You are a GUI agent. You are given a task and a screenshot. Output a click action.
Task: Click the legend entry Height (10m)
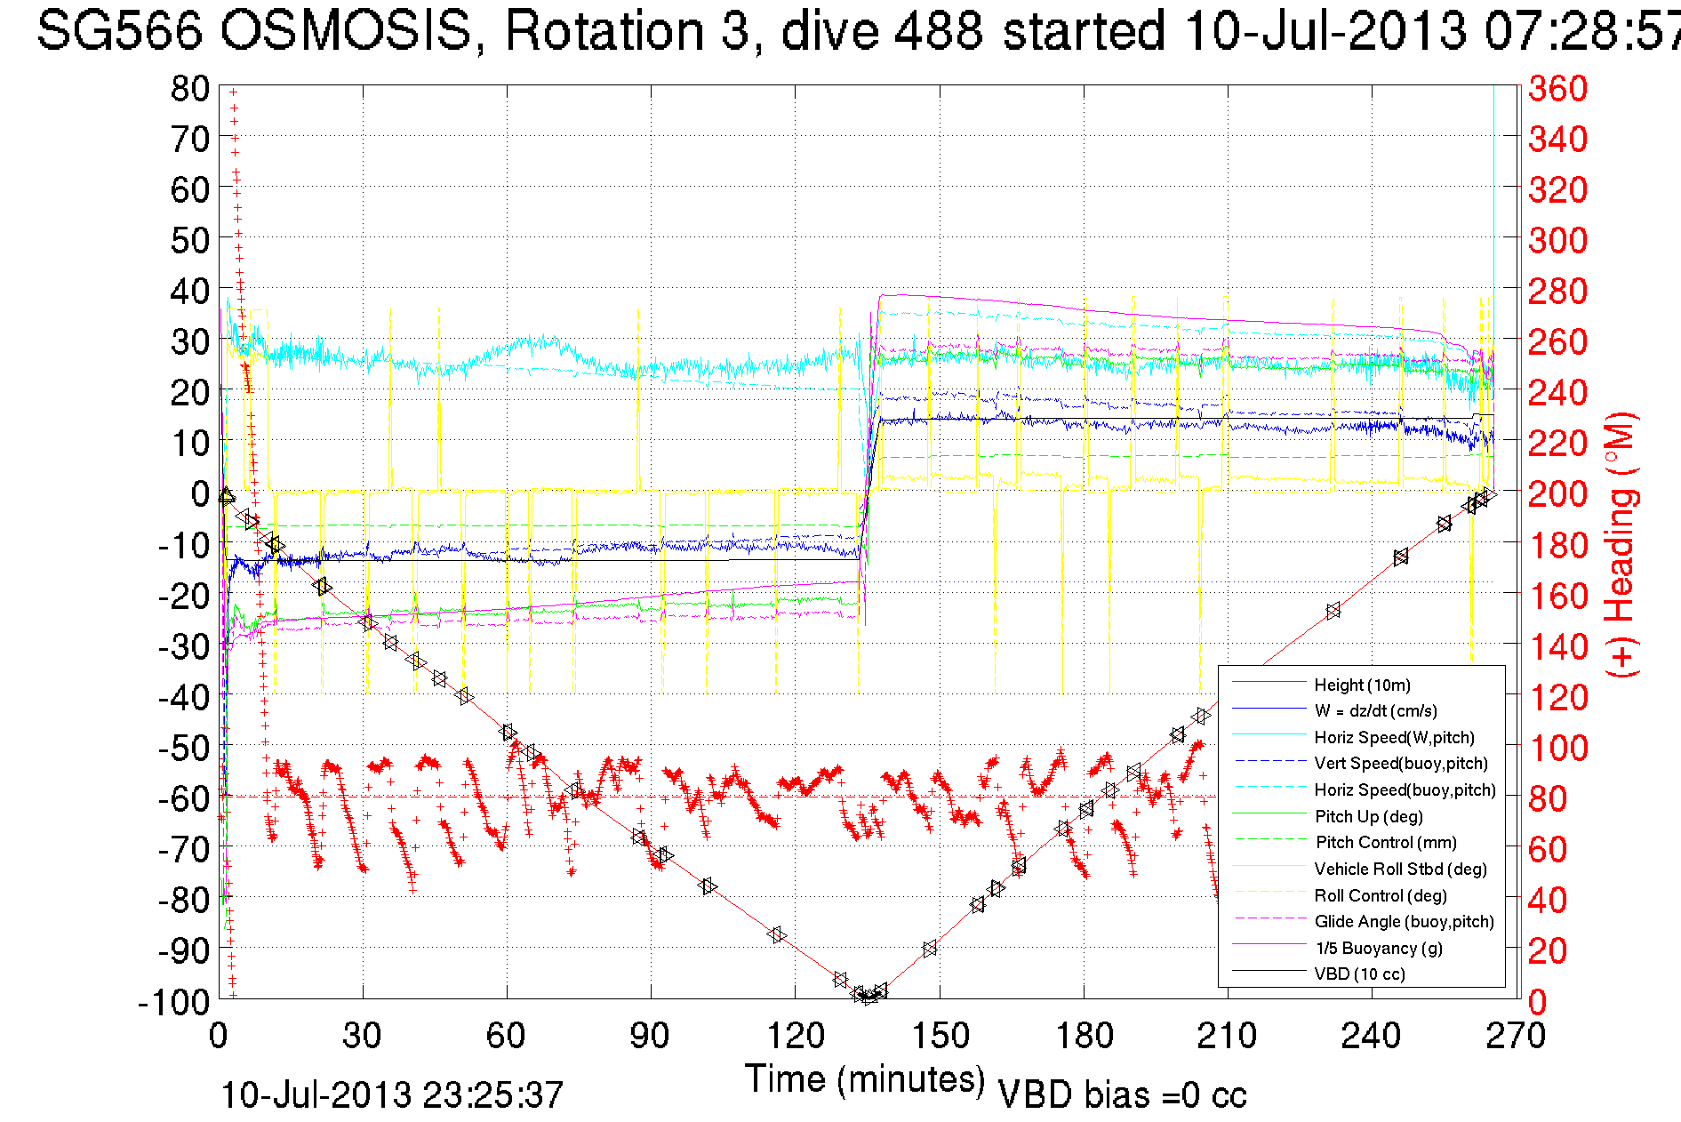click(1362, 685)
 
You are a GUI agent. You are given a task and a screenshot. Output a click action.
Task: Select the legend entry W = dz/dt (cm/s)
click(1375, 711)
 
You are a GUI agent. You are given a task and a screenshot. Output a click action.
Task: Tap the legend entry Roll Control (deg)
click(1380, 895)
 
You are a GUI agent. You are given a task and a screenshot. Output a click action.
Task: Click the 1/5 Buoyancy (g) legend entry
click(1379, 948)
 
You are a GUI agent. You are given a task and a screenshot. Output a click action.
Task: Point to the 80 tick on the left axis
click(189, 88)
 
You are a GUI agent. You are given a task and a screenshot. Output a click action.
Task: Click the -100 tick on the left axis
click(173, 1002)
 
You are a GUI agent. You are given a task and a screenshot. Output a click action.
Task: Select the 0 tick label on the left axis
click(200, 493)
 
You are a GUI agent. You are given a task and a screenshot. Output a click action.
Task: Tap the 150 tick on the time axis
click(940, 1037)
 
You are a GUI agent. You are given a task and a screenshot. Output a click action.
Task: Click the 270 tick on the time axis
click(1516, 1037)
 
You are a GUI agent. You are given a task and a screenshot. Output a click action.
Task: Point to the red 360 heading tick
click(1557, 88)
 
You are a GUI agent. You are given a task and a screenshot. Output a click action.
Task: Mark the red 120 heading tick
click(1557, 697)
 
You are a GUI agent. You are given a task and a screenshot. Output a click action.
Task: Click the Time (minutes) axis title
click(865, 1079)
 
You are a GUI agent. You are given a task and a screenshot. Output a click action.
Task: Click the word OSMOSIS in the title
click(346, 30)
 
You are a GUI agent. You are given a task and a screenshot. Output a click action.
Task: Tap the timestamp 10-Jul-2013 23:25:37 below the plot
click(392, 1095)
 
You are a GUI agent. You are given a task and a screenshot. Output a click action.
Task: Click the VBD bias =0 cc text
click(1122, 1095)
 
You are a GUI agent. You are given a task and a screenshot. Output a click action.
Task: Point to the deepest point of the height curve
click(868, 998)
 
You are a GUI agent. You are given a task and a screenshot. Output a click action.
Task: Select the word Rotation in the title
click(626, 30)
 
